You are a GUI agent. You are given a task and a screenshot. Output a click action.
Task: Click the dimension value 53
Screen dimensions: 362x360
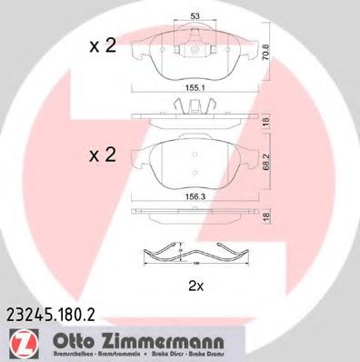click(x=195, y=15)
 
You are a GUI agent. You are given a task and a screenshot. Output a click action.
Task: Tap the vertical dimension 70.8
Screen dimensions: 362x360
click(x=265, y=54)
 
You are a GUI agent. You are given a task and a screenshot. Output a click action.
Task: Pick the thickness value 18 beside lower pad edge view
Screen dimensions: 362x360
click(x=265, y=216)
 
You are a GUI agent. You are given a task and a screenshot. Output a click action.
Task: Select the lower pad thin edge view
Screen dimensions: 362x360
click(x=195, y=215)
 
